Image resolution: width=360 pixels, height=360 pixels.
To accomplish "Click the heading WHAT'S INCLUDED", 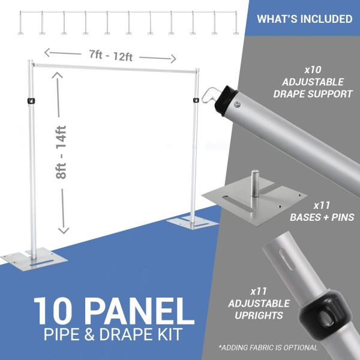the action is coord(304,19).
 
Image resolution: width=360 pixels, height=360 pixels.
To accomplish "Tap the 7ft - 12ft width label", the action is coord(111,56).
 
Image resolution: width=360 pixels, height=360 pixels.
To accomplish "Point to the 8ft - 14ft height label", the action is coord(61,152).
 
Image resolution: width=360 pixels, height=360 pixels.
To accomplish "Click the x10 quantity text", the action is coord(313,70).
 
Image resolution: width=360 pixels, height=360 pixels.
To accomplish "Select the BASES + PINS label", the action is coord(322,217).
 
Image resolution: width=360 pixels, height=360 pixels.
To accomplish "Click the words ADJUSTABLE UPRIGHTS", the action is coord(259,310).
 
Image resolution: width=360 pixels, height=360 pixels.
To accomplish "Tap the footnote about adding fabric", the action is coord(268,347).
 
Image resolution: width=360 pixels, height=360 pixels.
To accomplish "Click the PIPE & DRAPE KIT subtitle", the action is coord(113,334).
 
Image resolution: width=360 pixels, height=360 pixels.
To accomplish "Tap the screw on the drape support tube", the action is coord(236,104).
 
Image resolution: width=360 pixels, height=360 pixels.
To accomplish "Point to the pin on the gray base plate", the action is coord(254,183).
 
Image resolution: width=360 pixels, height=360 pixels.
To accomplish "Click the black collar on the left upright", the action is coord(31,101).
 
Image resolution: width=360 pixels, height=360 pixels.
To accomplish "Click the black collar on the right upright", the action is coord(196,100).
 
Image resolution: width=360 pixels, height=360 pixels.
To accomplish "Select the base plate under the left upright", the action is coord(34,260).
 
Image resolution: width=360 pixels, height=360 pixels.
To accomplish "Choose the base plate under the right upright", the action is coord(191,223).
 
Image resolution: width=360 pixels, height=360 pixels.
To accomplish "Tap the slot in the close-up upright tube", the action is coord(286,260).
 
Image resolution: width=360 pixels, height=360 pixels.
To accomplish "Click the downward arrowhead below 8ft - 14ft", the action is coord(64,230).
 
